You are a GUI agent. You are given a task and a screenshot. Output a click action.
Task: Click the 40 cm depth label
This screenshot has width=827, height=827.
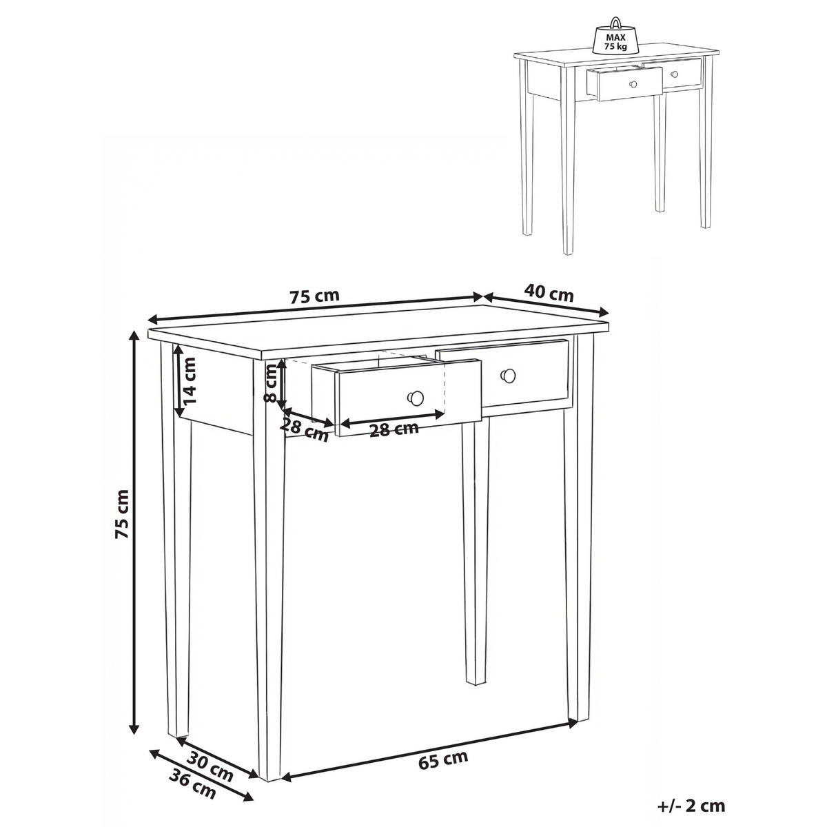(549, 293)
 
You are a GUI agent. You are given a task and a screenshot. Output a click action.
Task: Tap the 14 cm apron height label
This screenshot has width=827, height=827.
(190, 380)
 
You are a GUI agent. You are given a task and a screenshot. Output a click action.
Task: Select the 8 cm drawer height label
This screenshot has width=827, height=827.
(270, 382)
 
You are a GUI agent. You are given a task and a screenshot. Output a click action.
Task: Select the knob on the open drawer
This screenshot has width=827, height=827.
(416, 398)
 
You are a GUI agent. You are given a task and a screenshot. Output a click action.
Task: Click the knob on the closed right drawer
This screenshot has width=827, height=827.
(508, 375)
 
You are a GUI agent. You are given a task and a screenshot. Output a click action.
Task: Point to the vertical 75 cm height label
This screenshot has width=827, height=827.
(121, 513)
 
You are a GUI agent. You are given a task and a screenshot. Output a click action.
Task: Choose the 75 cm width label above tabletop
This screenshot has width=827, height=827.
(314, 296)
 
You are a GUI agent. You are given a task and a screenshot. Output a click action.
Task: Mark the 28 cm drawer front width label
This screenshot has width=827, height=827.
(394, 429)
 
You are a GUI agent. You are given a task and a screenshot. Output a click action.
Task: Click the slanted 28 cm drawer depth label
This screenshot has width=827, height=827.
(305, 429)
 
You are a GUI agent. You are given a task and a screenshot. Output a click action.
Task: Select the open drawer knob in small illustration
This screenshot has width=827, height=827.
(633, 84)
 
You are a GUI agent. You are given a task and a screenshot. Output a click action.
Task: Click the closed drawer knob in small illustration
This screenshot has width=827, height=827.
(674, 74)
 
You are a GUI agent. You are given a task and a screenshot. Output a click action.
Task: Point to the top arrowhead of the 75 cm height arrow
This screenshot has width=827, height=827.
(135, 337)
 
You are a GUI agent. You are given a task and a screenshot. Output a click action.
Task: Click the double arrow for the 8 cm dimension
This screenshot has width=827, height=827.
(281, 384)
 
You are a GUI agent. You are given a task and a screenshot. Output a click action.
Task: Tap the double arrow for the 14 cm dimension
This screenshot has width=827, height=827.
(177, 380)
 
